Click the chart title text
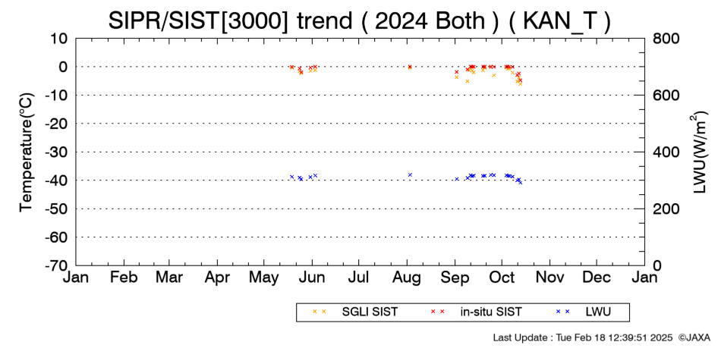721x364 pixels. [x=360, y=20]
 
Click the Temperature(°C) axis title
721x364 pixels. [x=27, y=152]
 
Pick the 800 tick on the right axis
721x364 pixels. [x=666, y=39]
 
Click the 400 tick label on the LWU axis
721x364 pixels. [x=666, y=152]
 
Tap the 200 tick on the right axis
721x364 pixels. [x=666, y=209]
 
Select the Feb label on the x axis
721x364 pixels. [x=124, y=278]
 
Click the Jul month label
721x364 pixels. [x=359, y=278]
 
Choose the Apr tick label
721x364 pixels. [x=217, y=278]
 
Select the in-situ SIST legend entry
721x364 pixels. [x=475, y=312]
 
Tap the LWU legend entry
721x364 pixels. [x=583, y=312]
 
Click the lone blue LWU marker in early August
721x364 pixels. [x=410, y=174]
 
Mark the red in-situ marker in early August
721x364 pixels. [x=410, y=67]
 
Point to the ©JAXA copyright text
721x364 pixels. [x=694, y=337]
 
